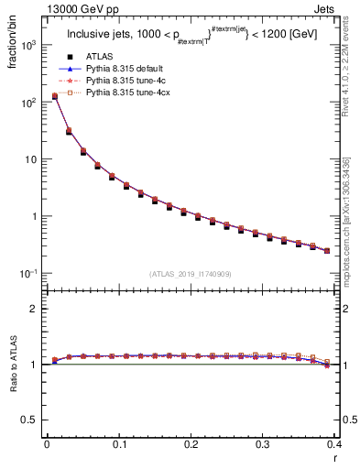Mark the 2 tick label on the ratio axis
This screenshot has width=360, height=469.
point(33,309)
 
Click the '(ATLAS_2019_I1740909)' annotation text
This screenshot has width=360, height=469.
point(190,274)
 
